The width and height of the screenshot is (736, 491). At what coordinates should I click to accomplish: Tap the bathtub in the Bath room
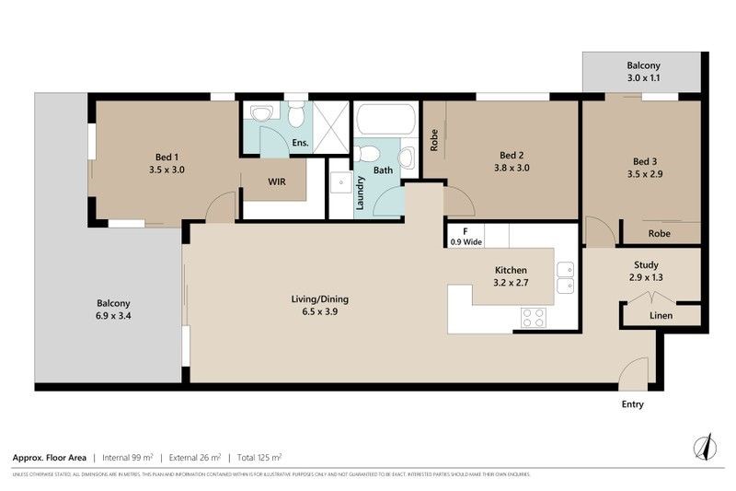tap(386, 122)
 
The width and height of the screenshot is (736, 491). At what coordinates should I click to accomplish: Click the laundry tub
tap(340, 181)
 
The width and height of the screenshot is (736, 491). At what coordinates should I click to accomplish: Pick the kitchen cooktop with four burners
tap(534, 318)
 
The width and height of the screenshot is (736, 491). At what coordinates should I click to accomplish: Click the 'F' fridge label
tap(466, 231)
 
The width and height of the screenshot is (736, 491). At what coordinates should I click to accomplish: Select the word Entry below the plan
tap(632, 404)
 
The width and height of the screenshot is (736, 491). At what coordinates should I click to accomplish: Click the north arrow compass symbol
tap(705, 446)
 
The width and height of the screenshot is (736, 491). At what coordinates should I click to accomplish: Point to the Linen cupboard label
tap(661, 316)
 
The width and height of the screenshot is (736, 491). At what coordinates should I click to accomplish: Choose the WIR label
tap(277, 182)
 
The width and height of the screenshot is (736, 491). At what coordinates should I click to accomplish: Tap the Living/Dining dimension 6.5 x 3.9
tap(320, 312)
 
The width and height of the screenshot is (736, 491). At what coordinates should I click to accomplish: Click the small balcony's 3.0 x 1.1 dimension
tap(644, 79)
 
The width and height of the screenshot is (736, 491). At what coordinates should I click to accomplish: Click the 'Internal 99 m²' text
tap(129, 457)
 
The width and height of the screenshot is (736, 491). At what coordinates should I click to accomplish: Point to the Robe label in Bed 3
tap(659, 234)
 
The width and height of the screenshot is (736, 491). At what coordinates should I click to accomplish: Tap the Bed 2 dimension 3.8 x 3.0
tap(512, 169)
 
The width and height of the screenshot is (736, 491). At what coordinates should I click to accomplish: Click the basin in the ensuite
tap(263, 113)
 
